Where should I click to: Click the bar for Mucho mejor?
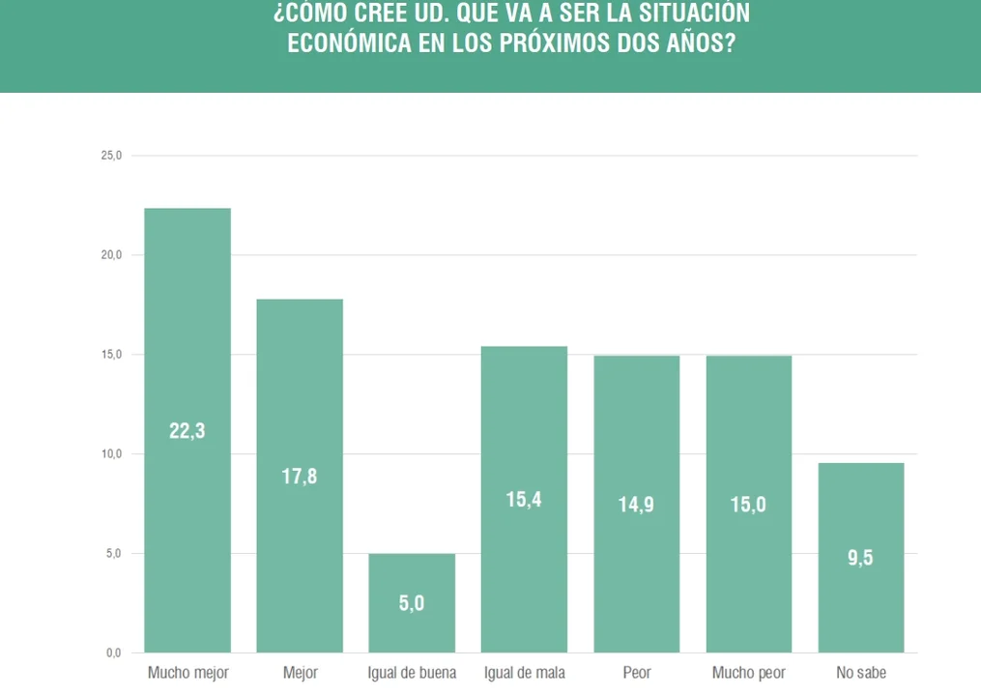pos(188,430)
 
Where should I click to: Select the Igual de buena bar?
pos(412,603)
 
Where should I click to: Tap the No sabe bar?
pos(861,558)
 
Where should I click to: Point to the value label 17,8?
pos(299,477)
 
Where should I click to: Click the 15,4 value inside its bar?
pos(524,500)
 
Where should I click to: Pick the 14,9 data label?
pos(636,505)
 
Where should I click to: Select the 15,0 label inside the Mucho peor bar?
pos(748,505)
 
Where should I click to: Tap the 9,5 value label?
pos(860,558)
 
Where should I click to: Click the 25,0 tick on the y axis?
pos(111,156)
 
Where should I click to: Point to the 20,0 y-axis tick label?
pos(111,255)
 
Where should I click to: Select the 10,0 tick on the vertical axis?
pos(111,453)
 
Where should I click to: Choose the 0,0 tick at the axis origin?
pos(113,652)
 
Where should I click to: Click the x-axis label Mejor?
pos(301,673)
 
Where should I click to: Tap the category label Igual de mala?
pos(524,673)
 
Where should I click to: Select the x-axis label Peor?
pos(637,673)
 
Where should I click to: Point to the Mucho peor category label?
pos(749,673)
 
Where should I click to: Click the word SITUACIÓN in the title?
pos(694,13)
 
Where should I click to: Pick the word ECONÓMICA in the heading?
pos(349,43)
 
